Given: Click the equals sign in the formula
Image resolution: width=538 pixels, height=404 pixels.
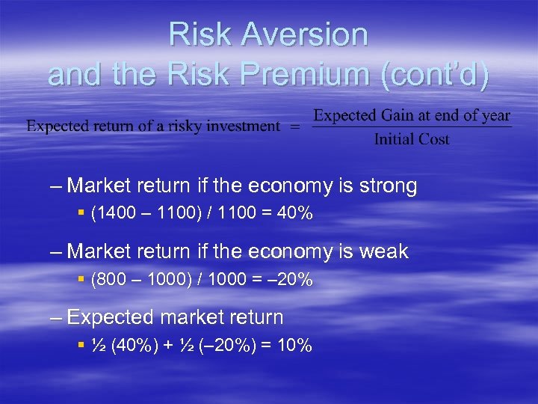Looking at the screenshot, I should point(294,127).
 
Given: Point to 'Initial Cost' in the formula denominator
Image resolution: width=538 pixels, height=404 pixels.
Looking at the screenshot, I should point(412,139).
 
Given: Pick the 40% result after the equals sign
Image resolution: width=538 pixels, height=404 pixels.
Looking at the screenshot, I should point(295,215).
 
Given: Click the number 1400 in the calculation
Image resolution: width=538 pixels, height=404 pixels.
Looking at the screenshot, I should point(110,215).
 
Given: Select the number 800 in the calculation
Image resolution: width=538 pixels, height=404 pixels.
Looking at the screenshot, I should point(106,280).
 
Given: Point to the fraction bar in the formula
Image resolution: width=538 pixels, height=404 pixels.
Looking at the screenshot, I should point(412,127).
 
